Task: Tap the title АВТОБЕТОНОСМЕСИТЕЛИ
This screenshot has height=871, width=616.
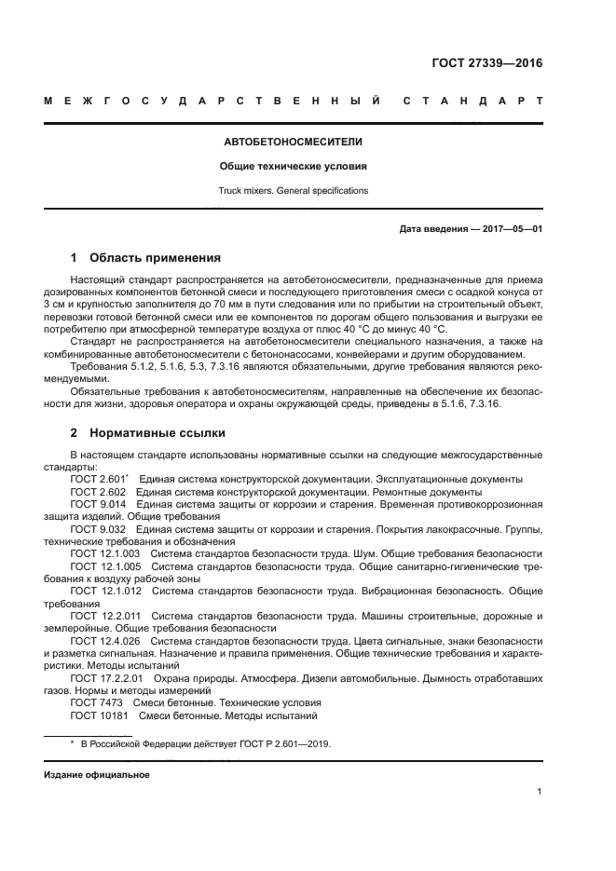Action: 293,143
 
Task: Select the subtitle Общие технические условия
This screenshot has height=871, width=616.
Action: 293,167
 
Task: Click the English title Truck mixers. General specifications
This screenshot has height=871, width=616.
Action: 293,191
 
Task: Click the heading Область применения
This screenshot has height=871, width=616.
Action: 155,256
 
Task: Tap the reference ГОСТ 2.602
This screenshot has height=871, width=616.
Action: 98,491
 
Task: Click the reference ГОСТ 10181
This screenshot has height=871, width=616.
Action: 98,715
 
